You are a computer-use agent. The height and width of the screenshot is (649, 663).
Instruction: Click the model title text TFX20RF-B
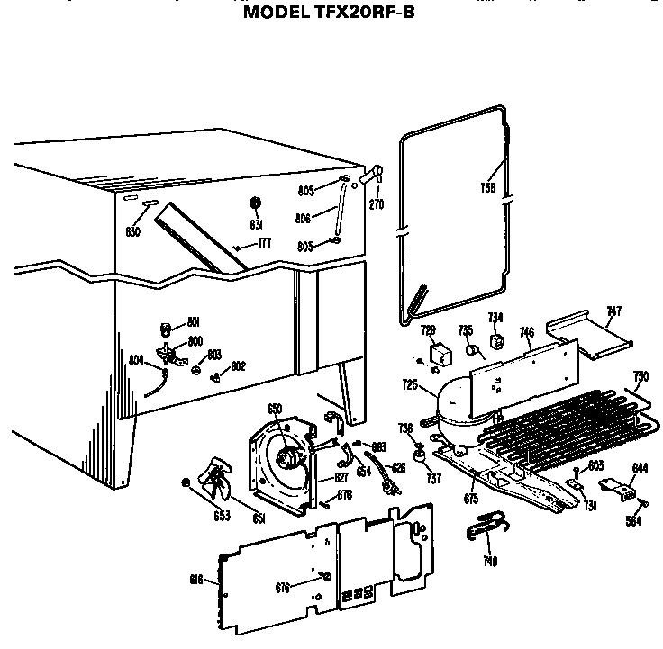329,14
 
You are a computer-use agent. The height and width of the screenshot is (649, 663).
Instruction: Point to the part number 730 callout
640,376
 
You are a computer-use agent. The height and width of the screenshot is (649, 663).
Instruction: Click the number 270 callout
377,204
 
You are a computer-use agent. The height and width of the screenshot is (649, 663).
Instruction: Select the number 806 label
304,217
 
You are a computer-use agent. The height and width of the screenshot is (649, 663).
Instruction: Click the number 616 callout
196,578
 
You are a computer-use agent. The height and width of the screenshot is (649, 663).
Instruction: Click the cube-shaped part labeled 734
495,342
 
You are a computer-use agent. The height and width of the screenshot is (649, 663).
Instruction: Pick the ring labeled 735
469,350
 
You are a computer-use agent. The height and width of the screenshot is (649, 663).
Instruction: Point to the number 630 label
133,231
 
